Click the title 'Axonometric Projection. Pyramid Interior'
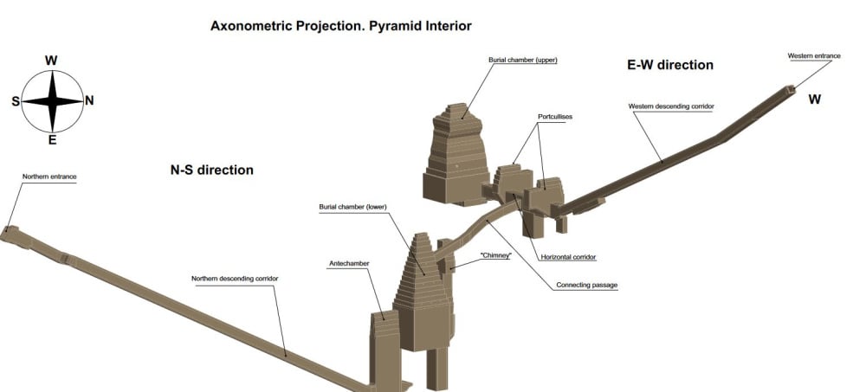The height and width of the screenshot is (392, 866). click(340, 25)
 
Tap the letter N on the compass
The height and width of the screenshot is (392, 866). click(89, 100)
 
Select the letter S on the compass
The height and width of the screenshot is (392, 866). click(16, 101)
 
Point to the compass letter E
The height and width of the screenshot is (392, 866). click(52, 140)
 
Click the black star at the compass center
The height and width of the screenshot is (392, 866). click(53, 101)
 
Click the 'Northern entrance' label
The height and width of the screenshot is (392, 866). click(49, 177)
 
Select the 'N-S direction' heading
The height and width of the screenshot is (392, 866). click(211, 170)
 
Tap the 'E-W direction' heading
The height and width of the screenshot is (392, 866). click(670, 65)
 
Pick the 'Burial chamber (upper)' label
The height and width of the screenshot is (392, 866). click(522, 60)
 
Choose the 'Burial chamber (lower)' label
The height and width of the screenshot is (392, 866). click(352, 207)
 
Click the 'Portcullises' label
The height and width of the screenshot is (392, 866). click(554, 117)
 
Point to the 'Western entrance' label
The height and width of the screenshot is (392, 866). click(814, 55)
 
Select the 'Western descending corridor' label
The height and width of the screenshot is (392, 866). click(671, 106)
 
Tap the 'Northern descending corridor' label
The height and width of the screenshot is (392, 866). click(235, 279)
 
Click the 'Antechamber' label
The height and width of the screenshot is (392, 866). click(349, 263)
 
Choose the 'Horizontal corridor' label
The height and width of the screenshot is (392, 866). click(568, 257)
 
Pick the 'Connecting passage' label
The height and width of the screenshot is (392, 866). click(586, 286)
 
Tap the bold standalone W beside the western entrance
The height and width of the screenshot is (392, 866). click(815, 100)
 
